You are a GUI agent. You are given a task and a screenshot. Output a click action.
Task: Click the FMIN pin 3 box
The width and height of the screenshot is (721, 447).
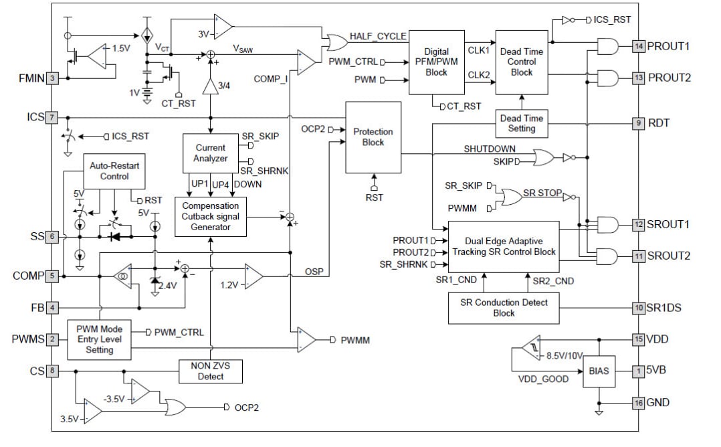(51, 78)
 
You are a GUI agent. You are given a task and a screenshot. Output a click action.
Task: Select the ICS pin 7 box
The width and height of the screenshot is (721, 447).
(51, 117)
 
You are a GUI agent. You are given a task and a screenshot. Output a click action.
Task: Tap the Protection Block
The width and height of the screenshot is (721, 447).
(373, 137)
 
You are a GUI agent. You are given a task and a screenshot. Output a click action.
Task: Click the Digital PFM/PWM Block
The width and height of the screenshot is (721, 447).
(436, 62)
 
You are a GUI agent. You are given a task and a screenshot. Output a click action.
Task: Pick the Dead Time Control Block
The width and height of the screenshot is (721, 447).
(522, 62)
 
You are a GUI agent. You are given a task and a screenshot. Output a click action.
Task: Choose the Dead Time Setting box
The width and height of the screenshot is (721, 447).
(522, 123)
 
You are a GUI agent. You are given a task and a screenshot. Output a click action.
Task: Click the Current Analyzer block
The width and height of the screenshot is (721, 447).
(211, 153)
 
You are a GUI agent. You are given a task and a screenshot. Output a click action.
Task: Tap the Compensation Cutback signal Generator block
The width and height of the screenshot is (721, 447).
(211, 216)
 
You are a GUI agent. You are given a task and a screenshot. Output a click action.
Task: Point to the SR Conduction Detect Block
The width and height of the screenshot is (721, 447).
(504, 307)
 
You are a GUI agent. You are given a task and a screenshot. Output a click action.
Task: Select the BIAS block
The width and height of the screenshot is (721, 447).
(599, 370)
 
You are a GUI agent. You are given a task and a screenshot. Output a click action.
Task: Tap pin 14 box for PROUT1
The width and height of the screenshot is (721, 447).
(639, 46)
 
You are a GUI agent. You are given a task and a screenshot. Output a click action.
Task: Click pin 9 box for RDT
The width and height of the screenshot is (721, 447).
(639, 123)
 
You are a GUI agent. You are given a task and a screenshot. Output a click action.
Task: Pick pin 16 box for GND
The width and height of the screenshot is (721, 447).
(639, 402)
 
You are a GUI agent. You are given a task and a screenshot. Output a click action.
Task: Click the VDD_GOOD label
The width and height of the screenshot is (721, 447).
(542, 379)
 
